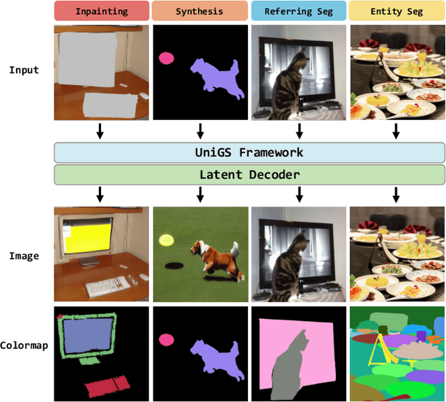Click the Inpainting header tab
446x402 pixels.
click(x=102, y=11)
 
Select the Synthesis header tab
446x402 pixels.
click(x=200, y=11)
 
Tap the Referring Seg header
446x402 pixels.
click(x=298, y=11)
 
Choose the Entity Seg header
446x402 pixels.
click(x=397, y=11)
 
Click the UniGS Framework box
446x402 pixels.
click(x=249, y=152)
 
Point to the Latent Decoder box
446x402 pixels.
click(x=249, y=174)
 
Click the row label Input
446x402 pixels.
click(x=24, y=70)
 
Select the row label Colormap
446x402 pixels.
click(x=24, y=345)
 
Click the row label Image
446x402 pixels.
click(x=24, y=256)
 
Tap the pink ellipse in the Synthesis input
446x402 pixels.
click(x=167, y=59)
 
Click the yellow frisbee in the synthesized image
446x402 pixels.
click(x=166, y=241)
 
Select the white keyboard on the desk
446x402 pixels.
click(x=108, y=286)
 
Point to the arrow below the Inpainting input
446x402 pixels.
click(x=100, y=131)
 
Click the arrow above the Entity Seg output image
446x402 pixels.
click(x=396, y=195)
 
